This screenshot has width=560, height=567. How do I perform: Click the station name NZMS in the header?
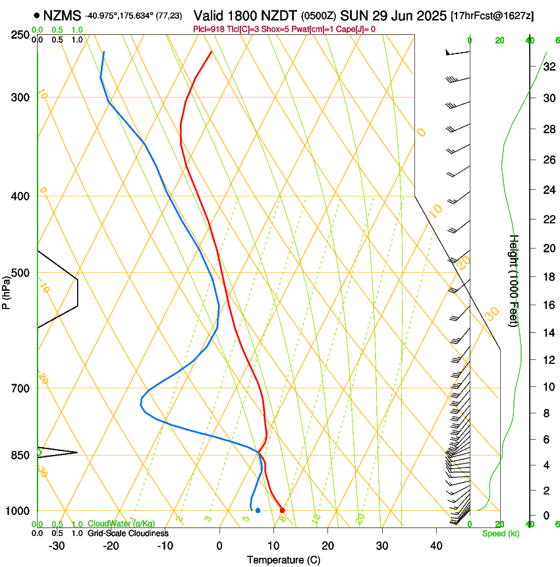point(58,15)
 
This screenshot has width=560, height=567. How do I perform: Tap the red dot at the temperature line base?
point(282,510)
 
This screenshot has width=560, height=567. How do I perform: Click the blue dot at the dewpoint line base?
point(258,510)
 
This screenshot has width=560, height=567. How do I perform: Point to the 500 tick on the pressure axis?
point(21,273)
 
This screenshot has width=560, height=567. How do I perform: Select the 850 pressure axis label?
point(21,456)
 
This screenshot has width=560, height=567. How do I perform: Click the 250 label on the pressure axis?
point(21,35)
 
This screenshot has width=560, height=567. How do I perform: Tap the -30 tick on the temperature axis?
point(57,546)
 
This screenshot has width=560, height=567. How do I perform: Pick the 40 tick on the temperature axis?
point(436,546)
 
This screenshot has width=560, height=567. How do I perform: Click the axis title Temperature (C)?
point(283,560)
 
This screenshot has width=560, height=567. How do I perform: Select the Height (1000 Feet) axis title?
point(515,280)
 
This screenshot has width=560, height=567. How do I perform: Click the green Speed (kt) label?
point(501,533)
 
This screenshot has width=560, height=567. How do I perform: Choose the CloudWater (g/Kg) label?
point(121,524)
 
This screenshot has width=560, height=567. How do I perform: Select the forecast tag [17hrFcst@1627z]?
point(491,15)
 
